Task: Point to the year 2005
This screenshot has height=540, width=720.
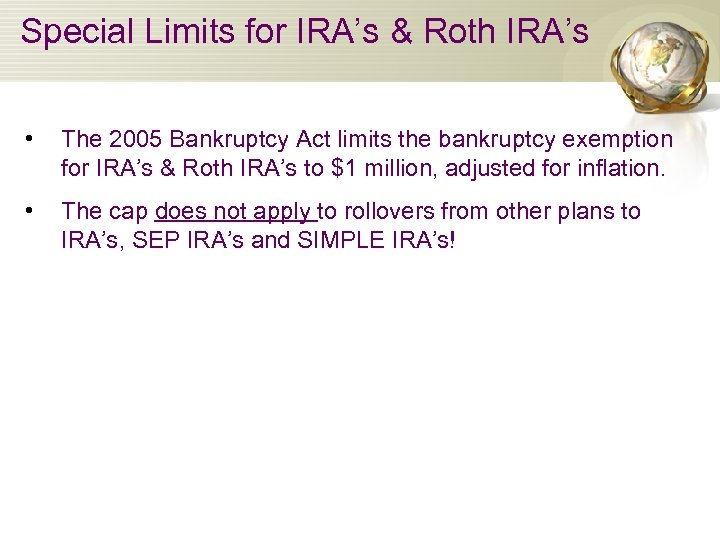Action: click(129, 140)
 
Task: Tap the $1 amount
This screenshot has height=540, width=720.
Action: click(343, 168)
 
